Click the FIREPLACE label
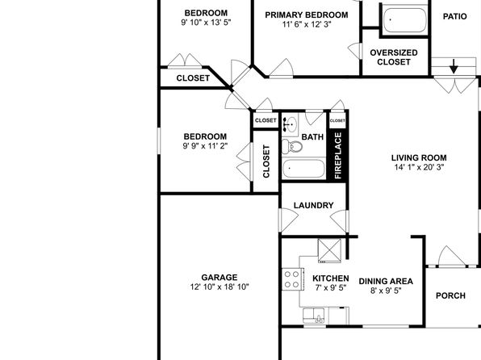337,156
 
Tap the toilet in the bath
291,146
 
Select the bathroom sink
290,124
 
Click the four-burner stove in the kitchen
292,279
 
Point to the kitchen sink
314,316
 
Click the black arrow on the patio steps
454,66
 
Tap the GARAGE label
220,278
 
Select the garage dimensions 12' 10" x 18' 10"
220,287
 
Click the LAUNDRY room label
313,205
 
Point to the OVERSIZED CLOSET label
394,57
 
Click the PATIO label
455,17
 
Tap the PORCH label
450,295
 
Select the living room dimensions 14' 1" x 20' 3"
419,167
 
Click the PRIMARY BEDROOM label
307,15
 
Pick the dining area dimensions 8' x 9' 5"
386,291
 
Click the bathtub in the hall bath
303,169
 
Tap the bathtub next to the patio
405,20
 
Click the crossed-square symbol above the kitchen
329,251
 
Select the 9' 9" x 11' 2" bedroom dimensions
205,146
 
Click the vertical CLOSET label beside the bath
266,161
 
